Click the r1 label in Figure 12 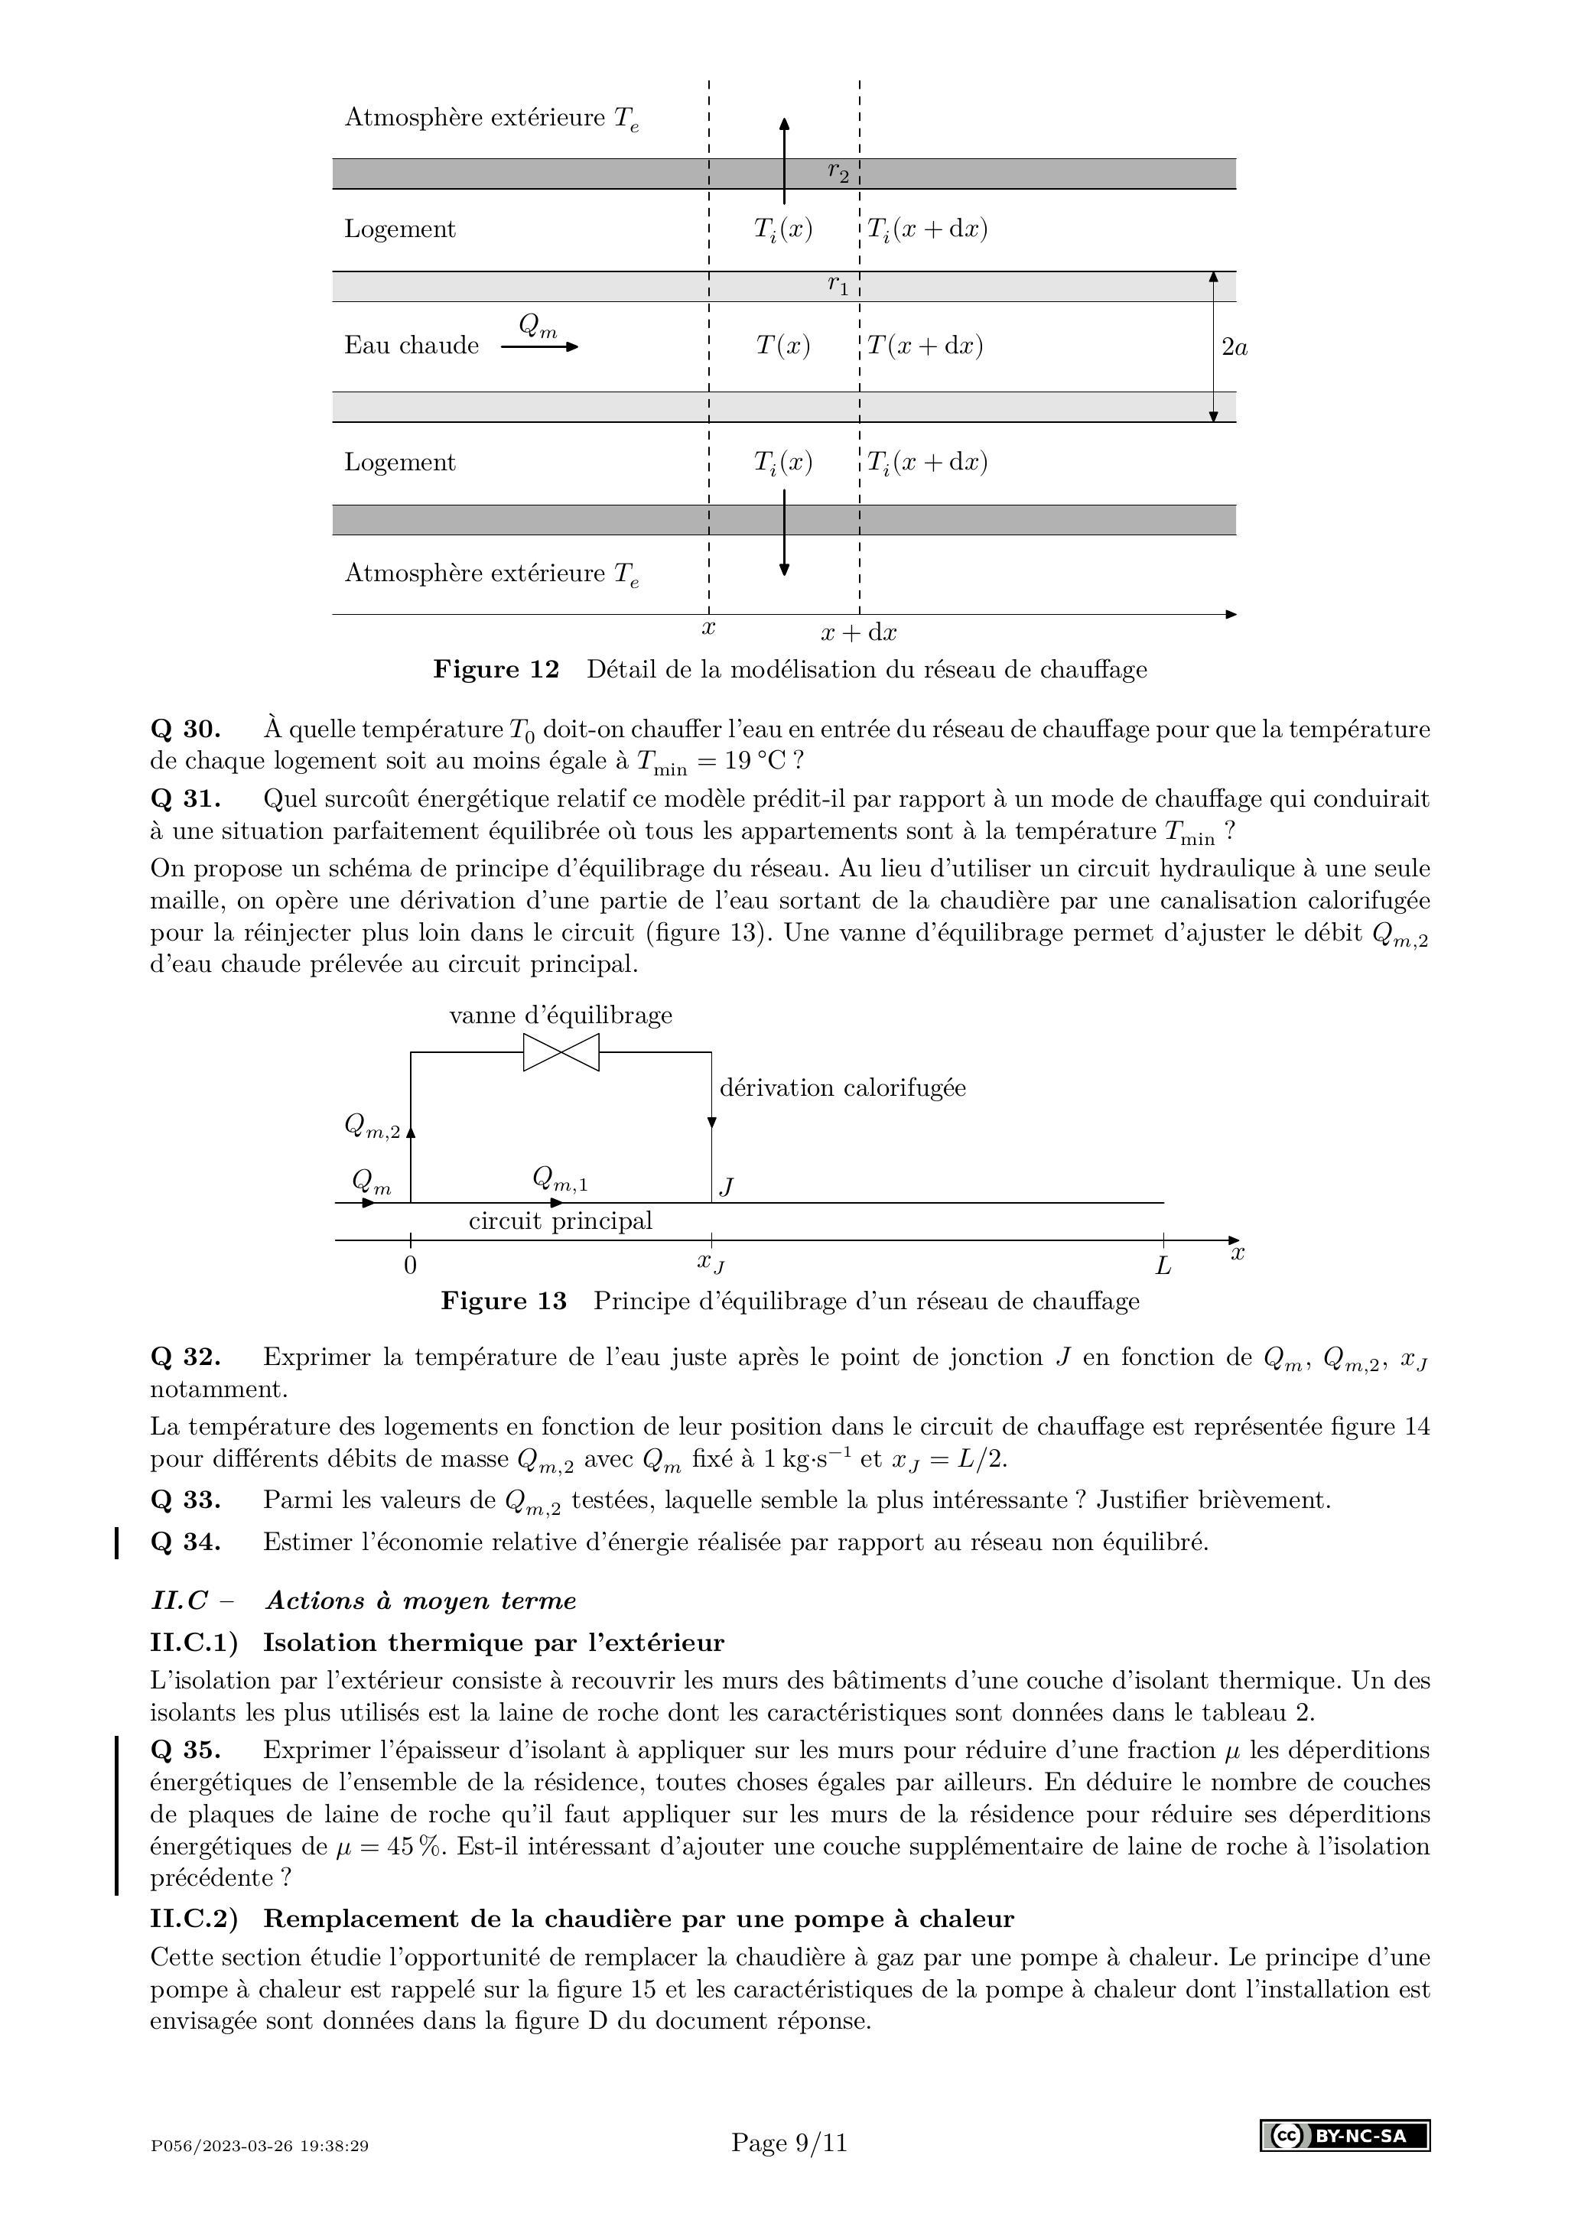click(x=838, y=285)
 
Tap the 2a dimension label click(x=1235, y=346)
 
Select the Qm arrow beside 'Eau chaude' click(x=538, y=346)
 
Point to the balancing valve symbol click(x=561, y=1053)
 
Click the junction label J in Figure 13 click(x=726, y=1186)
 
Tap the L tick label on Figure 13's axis click(x=1163, y=1266)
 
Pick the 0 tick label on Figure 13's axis click(x=410, y=1266)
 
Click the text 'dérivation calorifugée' click(x=843, y=1088)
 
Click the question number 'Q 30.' click(x=185, y=730)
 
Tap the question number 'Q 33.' click(x=185, y=1500)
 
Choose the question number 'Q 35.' click(x=185, y=1750)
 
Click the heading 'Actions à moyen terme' click(x=421, y=1601)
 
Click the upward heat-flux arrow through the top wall click(x=784, y=161)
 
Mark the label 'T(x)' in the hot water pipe click(x=783, y=346)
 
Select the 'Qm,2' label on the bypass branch click(x=371, y=1126)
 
